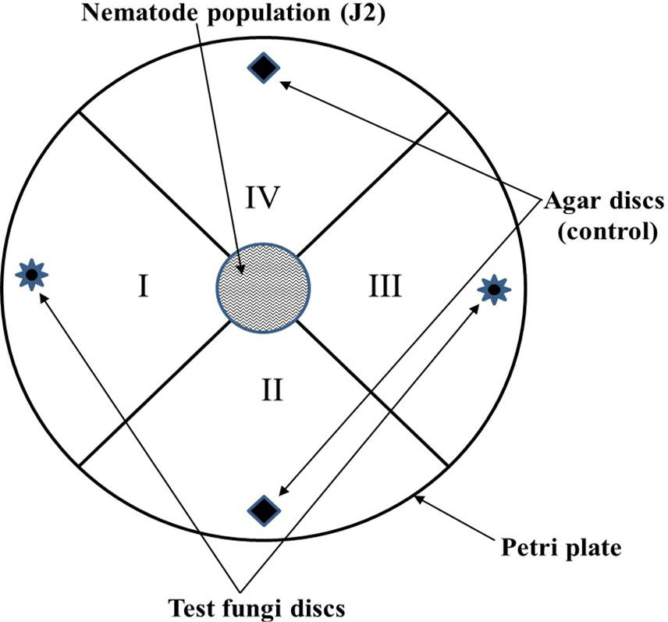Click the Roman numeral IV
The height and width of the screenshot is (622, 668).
263,197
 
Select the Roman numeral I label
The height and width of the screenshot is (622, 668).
144,286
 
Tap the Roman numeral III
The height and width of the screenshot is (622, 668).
385,286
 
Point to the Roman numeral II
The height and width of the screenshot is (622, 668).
272,389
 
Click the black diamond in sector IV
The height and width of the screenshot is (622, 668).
264,68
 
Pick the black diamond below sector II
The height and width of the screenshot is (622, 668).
264,510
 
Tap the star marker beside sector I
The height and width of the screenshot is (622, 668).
31,275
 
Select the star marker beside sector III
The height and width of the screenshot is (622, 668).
494,290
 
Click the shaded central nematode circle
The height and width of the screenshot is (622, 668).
263,288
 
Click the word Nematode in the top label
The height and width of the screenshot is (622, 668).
140,12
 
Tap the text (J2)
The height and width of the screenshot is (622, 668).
363,12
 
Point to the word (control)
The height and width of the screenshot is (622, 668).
608,232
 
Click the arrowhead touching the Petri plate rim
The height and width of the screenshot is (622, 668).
419,499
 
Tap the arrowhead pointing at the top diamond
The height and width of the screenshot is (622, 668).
285,85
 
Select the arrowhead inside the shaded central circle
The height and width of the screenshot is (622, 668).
240,269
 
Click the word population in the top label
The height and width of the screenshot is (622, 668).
269,14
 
